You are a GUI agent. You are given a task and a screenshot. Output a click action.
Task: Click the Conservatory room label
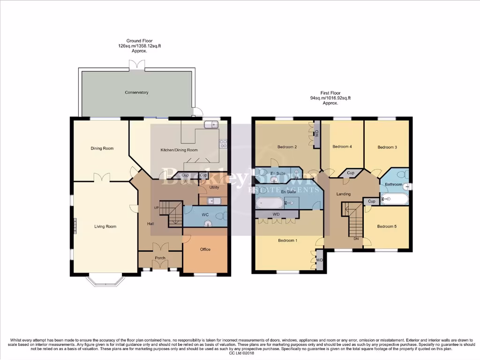click(x=136, y=92)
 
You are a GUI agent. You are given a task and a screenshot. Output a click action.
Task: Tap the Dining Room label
click(x=102, y=149)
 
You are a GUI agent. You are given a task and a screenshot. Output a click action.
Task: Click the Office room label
click(x=205, y=249)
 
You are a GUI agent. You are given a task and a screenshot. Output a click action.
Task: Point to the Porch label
click(x=160, y=258)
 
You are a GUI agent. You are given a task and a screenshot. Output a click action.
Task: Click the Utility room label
click(x=214, y=187)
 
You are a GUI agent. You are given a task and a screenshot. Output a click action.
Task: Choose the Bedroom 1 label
click(x=287, y=240)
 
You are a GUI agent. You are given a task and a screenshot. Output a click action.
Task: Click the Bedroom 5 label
click(x=387, y=226)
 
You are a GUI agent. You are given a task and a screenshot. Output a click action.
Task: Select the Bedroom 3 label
click(x=387, y=147)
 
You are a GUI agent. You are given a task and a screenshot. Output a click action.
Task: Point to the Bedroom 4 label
click(x=342, y=147)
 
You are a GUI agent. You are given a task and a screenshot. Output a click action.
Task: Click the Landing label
click(x=344, y=194)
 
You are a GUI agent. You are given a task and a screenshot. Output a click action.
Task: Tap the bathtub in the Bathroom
click(x=396, y=199)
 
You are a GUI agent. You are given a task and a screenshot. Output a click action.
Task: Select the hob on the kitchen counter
click(x=224, y=144)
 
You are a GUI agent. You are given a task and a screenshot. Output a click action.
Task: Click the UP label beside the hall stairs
click(x=157, y=208)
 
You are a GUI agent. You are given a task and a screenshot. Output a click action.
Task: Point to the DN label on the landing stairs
click(x=356, y=239)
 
